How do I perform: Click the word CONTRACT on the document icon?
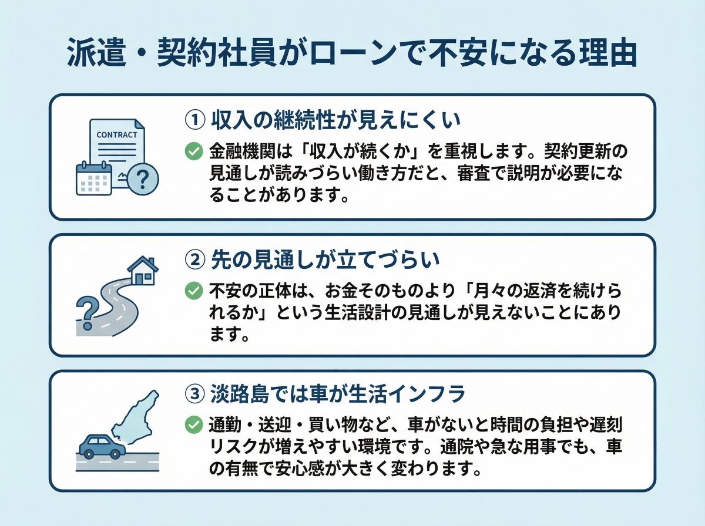116,134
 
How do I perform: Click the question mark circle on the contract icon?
143,177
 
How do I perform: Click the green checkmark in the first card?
194,151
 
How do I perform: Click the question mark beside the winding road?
86,311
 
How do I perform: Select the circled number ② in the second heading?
194,258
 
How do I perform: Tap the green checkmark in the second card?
194,290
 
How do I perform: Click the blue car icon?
102,446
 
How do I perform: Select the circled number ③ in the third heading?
194,394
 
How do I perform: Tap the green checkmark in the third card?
194,424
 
